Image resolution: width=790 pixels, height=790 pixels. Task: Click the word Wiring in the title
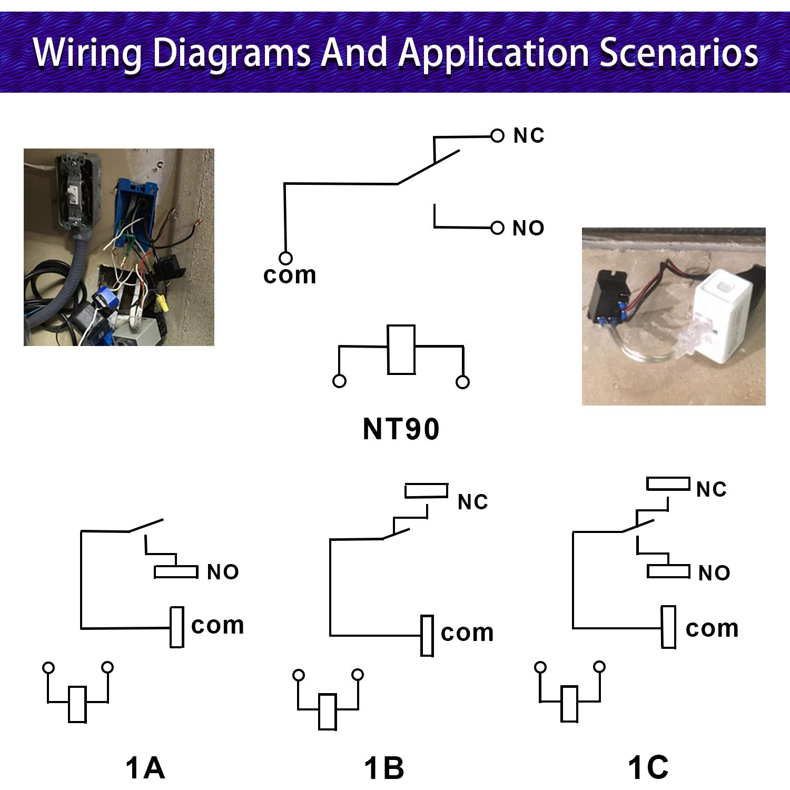(87, 53)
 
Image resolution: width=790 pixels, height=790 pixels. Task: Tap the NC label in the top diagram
(529, 136)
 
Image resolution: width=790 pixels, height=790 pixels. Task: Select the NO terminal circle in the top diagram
(497, 228)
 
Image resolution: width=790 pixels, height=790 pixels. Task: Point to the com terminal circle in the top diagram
(285, 258)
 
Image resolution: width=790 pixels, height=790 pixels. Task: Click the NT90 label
(401, 429)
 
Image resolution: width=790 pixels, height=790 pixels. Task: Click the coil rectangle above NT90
(401, 350)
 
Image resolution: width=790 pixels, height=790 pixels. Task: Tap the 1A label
(145, 767)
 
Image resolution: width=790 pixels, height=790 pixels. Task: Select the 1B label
(384, 768)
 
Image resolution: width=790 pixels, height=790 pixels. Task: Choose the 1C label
(648, 767)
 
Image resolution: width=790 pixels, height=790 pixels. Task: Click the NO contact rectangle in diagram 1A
(176, 572)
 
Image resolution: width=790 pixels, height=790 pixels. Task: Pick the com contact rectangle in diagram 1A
(177, 627)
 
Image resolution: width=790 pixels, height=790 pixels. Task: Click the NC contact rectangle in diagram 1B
(426, 491)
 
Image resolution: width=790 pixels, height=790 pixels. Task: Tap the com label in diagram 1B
(467, 633)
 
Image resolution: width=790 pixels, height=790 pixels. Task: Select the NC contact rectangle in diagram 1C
(668, 483)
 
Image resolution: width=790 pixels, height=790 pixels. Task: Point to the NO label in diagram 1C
(714, 573)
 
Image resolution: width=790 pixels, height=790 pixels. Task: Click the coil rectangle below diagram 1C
(569, 704)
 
